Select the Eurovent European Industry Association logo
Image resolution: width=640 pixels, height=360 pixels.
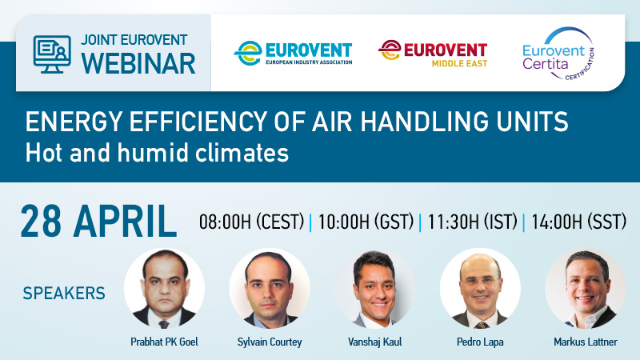coord(293,53)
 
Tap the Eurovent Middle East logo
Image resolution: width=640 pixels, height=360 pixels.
coord(433,53)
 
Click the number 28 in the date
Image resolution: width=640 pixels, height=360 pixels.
coord(44,222)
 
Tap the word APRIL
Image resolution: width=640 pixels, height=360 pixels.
coord(126,222)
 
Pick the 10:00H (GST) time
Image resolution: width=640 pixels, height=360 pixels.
coord(365,223)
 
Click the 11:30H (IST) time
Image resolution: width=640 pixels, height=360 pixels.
coord(471,223)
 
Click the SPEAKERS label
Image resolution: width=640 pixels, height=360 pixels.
coord(63,294)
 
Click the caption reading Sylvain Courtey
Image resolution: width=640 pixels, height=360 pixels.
coord(270,342)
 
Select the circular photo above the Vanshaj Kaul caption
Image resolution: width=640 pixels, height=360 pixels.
coord(374,288)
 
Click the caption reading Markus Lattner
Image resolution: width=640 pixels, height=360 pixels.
coord(585,342)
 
